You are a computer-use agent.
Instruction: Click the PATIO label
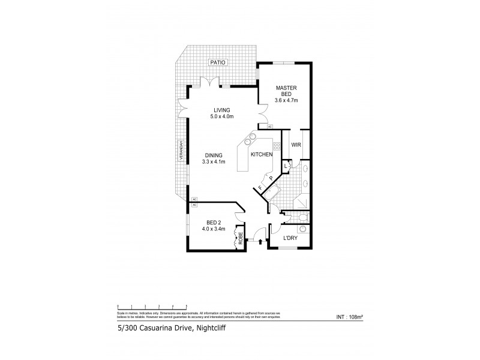click(x=214, y=62)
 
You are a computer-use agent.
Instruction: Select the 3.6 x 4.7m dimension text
click(x=286, y=100)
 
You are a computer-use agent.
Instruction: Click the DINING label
click(x=214, y=155)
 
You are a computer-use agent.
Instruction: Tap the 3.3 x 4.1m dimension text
click(x=214, y=162)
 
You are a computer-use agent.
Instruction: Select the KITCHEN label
click(x=262, y=155)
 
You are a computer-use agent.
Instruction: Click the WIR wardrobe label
click(x=295, y=145)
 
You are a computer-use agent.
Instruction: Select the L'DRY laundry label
click(x=290, y=239)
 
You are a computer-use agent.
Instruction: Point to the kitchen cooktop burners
click(x=277, y=145)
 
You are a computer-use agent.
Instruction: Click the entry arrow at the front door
click(x=259, y=242)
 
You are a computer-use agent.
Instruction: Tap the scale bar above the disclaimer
click(x=152, y=306)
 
